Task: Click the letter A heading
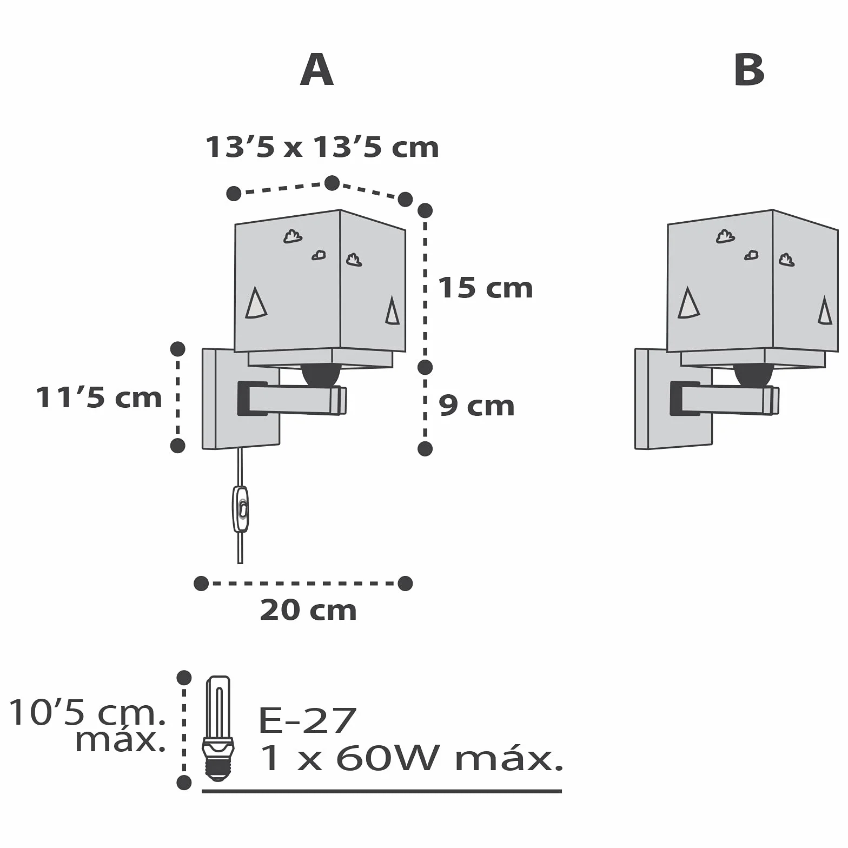tap(317, 70)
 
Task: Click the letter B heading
tap(749, 70)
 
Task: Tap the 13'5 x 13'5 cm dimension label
tap(322, 147)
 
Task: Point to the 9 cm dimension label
tap(476, 406)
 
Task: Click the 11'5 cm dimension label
tap(99, 398)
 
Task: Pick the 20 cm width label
tap(308, 610)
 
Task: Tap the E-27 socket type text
tap(307, 720)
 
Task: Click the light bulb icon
tap(218, 728)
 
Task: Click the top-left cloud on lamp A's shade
tap(293, 236)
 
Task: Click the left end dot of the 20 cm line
tap(201, 584)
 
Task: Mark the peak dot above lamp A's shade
tap(332, 183)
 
